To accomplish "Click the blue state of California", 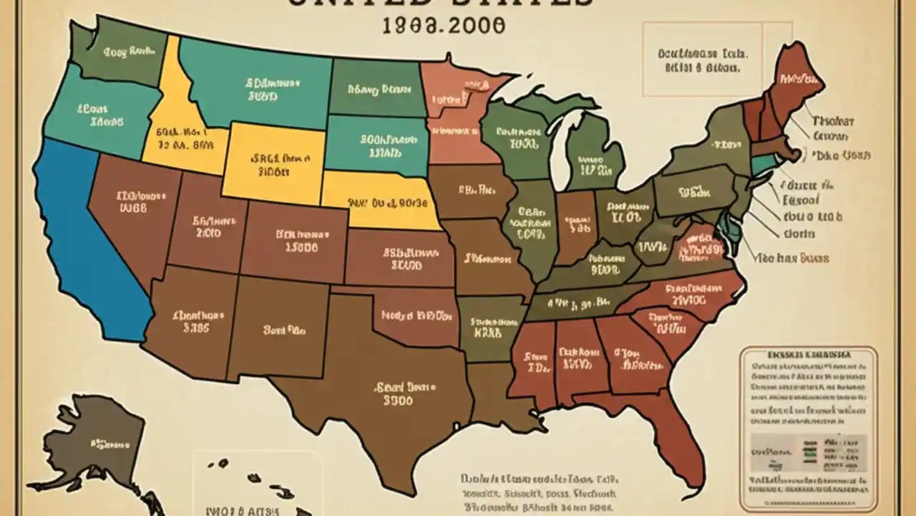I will click(x=86, y=236).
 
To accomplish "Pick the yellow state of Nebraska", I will click(x=379, y=201).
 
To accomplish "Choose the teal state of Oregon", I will click(x=100, y=115).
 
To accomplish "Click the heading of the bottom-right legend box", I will click(x=809, y=355).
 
